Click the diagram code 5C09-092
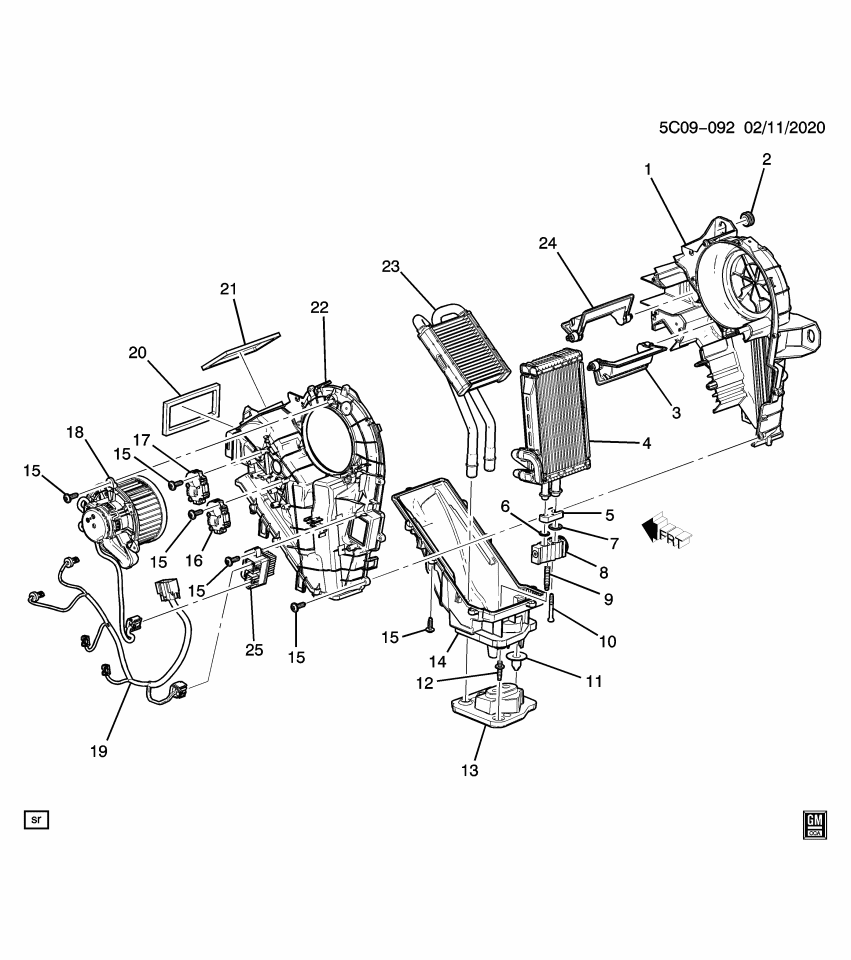click(x=696, y=129)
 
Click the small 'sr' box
click(x=37, y=820)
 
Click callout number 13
click(x=470, y=771)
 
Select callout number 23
click(x=390, y=266)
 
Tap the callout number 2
click(x=767, y=159)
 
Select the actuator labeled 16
click(x=218, y=519)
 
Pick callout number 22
click(x=319, y=308)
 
